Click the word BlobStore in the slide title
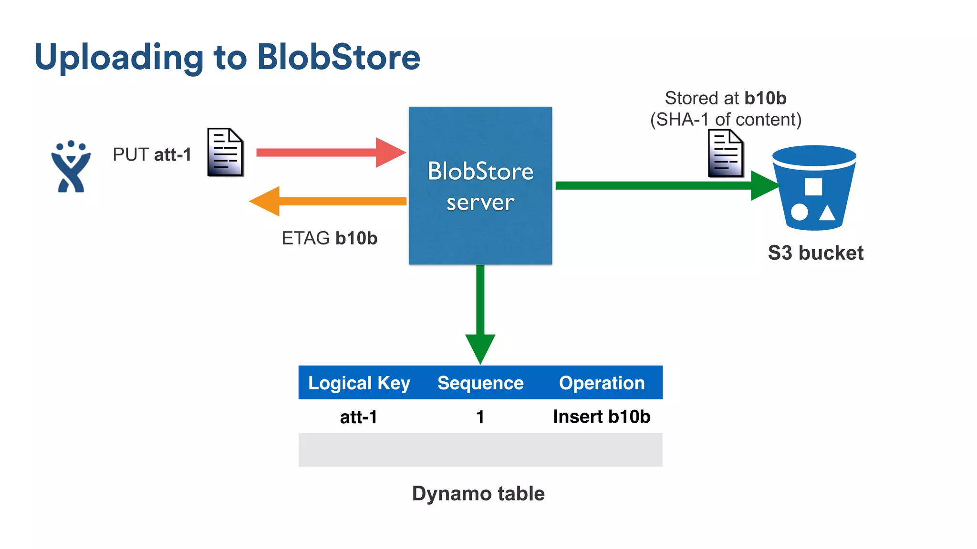click(x=338, y=57)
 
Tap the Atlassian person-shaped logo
click(x=71, y=167)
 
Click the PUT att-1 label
click(x=152, y=154)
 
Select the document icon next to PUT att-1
click(x=225, y=152)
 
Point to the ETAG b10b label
click(x=329, y=238)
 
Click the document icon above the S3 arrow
click(x=725, y=154)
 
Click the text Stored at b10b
click(x=725, y=98)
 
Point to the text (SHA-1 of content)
click(x=725, y=120)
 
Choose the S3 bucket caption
click(x=815, y=253)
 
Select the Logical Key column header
click(x=359, y=383)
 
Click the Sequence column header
click(x=480, y=383)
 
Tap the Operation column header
click(x=602, y=383)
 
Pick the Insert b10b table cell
click(x=602, y=417)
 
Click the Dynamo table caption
click(x=478, y=493)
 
